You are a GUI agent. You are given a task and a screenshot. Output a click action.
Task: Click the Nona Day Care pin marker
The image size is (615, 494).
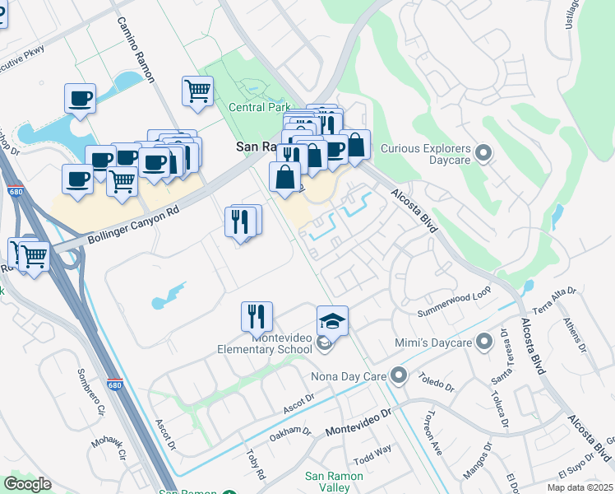(399, 376)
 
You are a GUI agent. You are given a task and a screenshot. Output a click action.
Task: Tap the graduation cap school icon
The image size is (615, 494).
(332, 320)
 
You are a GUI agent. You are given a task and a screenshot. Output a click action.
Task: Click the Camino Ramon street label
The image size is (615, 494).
(136, 50)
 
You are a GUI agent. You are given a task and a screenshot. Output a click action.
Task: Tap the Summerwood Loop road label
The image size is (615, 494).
(453, 308)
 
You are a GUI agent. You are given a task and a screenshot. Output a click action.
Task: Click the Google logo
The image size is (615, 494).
(28, 484)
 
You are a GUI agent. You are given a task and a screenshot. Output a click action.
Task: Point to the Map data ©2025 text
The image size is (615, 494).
(580, 487)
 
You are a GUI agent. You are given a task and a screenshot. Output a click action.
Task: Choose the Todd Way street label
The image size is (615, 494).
(372, 454)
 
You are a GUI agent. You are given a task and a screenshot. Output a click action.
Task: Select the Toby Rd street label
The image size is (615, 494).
(256, 464)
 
